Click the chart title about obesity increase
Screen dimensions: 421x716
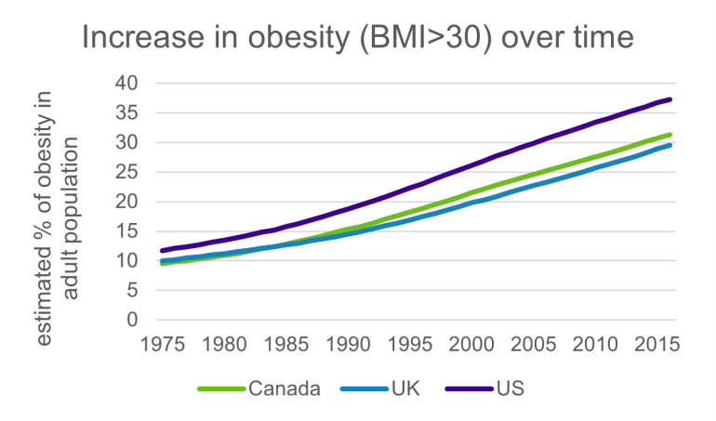(x=357, y=37)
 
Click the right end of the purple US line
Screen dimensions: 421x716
(x=670, y=99)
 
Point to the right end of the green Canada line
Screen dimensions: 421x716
(x=670, y=135)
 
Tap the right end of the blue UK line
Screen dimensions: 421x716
(x=670, y=145)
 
